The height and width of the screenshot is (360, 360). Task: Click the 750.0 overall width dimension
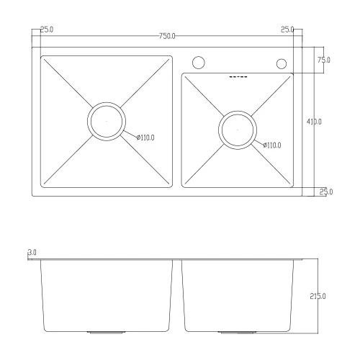[167, 36]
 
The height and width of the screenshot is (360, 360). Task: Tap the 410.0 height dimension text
[314, 122]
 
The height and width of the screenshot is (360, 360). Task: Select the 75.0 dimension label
[324, 60]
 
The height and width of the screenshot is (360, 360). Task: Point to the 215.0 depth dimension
[318, 296]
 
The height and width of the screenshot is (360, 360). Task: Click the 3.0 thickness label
[32, 253]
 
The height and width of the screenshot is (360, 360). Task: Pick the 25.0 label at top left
[47, 30]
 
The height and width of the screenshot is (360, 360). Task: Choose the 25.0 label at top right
[287, 30]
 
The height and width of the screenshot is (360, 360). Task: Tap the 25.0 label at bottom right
[326, 192]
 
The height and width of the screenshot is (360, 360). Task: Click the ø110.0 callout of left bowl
[145, 138]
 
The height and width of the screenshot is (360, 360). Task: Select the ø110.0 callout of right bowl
[272, 145]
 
